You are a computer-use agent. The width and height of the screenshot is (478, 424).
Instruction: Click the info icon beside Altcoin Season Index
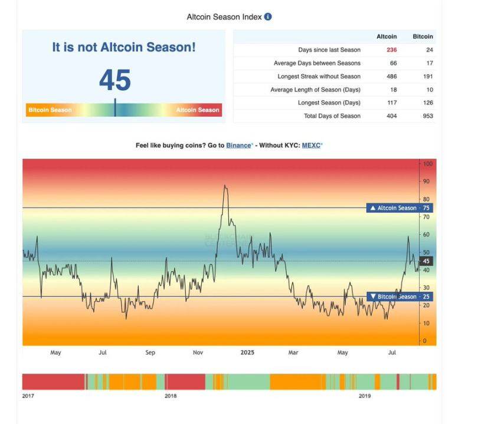coord(268,17)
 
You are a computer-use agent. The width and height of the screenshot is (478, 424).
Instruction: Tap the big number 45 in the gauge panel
coord(115,80)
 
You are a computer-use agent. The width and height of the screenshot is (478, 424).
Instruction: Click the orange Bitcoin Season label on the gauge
coord(50,110)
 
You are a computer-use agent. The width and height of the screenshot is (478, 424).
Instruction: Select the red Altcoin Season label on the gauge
coord(198,110)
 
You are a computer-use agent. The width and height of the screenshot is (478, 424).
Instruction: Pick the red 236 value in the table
coord(392,50)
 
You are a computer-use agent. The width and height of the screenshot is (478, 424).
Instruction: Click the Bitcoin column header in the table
coord(423,37)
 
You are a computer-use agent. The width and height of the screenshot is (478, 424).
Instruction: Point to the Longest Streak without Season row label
coord(319,77)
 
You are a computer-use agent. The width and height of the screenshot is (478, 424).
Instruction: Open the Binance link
coord(238,145)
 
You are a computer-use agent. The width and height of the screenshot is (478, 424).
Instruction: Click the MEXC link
coord(312,145)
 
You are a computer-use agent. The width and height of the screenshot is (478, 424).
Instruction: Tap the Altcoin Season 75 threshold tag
coord(400,208)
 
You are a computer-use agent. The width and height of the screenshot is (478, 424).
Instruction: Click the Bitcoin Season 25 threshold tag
coord(400,297)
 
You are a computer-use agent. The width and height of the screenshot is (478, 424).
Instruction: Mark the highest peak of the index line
coord(224,186)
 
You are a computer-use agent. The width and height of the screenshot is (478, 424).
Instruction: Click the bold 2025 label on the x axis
coord(247,353)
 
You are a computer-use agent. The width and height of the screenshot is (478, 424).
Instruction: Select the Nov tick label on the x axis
coord(198,353)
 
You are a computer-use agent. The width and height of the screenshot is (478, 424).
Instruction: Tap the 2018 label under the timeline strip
coord(171,396)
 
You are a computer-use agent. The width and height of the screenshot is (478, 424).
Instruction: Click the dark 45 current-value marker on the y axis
coord(427,261)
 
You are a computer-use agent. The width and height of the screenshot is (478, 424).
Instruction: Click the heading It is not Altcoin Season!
coord(123,47)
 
